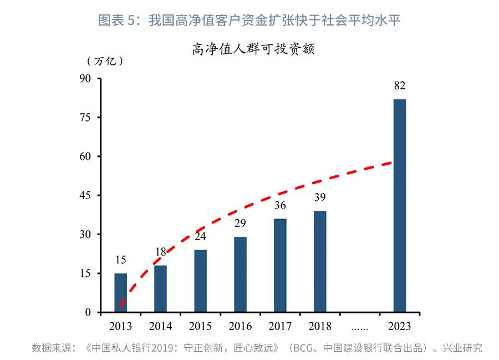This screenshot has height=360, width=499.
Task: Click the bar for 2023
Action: (399, 206)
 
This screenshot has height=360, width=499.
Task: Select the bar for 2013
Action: (120, 292)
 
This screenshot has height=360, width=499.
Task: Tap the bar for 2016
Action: (240, 274)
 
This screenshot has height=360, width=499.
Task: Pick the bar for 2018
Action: (320, 261)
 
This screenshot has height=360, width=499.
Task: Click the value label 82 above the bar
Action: (399, 86)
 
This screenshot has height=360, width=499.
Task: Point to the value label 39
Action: (320, 197)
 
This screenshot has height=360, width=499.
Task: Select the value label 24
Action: (200, 236)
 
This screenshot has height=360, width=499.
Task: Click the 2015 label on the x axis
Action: (200, 326)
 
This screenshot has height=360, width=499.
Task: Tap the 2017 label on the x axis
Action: (280, 326)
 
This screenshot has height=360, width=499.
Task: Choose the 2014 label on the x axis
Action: (160, 326)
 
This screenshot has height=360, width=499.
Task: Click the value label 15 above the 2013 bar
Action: (120, 260)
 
